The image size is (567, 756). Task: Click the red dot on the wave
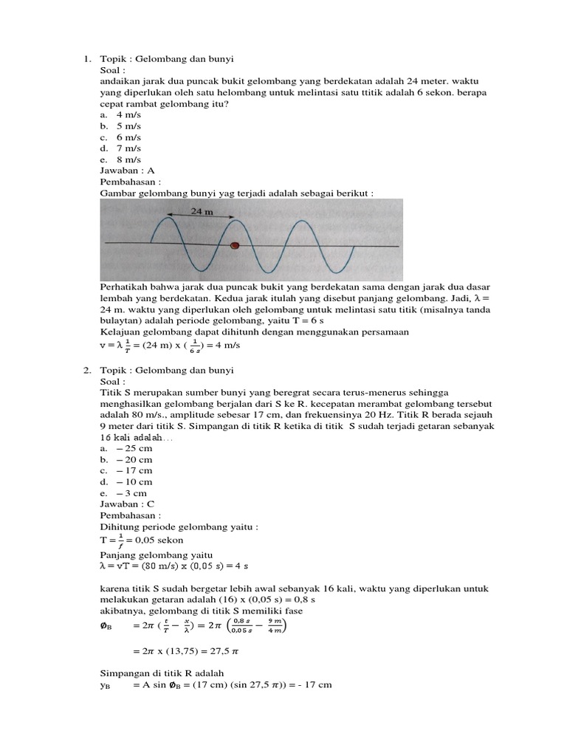236,245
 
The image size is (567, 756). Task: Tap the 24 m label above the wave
202,210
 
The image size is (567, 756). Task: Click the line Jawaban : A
127,171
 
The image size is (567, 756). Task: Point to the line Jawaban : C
127,504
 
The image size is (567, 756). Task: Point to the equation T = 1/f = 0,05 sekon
141,540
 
